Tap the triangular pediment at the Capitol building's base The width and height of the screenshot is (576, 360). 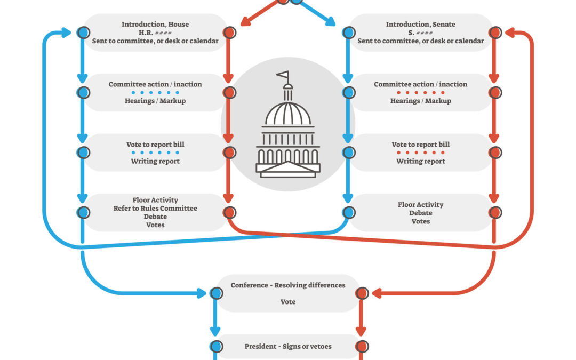[288, 169]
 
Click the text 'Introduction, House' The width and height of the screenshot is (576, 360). [155, 25]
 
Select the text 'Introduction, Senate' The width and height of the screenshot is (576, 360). [420, 25]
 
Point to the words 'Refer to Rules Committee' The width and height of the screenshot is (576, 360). [155, 209]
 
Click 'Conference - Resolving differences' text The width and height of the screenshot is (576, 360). [288, 285]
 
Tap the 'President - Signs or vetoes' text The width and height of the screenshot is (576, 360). [288, 347]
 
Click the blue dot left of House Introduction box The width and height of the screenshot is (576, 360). [83, 33]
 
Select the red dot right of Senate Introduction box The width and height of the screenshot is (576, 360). [495, 33]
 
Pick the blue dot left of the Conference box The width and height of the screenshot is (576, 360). [216, 293]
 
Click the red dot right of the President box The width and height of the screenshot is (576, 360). [362, 347]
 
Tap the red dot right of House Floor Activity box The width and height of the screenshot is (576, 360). [229, 212]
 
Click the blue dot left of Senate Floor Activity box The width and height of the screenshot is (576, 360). [348, 212]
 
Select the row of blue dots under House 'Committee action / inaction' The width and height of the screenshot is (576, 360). [155, 93]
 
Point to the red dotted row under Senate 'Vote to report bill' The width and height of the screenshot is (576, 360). [420, 153]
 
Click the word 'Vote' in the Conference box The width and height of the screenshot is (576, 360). [288, 302]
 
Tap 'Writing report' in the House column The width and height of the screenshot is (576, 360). [155, 161]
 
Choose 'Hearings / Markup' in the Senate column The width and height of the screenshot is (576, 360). [420, 101]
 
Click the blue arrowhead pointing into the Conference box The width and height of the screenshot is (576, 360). [202, 293]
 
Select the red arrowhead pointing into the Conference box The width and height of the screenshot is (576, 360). [377, 293]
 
